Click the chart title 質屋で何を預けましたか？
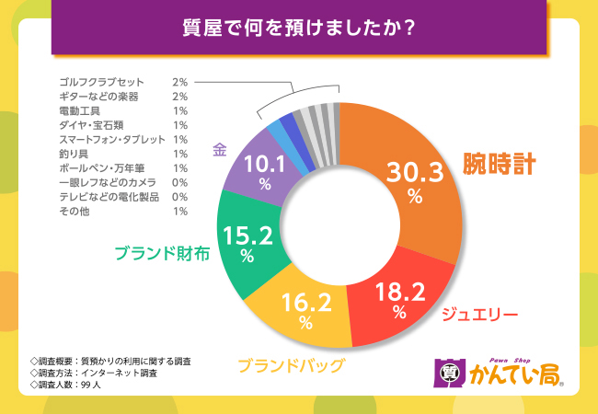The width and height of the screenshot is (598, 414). [x=298, y=26]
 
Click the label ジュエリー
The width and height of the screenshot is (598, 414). [x=479, y=315]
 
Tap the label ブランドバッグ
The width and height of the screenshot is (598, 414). [x=291, y=365]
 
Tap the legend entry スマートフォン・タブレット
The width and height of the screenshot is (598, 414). [x=109, y=139]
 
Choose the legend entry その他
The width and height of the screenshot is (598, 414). [x=72, y=212]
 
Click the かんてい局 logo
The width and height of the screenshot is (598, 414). [x=498, y=373]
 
